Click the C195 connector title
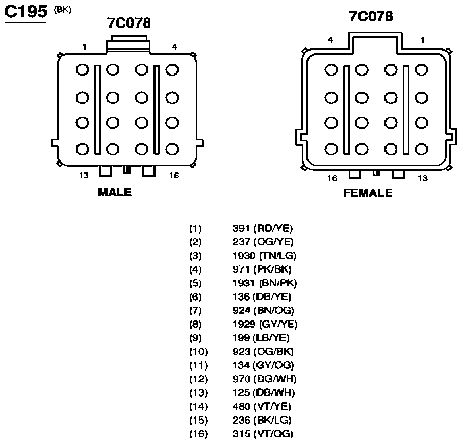(25, 12)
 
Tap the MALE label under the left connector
(115, 192)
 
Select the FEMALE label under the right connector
(368, 193)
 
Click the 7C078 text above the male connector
(129, 22)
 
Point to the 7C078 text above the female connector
(371, 16)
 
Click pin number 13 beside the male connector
(84, 176)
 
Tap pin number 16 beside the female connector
(332, 178)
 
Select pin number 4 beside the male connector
(174, 47)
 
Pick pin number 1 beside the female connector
(423, 40)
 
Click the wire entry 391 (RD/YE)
(263, 228)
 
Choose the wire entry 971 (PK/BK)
(262, 269)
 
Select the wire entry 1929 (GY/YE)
(265, 324)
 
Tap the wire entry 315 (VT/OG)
(263, 434)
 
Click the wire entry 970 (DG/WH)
(264, 379)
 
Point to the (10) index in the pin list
(198, 352)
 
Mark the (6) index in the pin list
(195, 297)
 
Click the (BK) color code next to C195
(62, 10)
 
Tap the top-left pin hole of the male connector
(82, 70)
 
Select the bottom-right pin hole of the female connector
(421, 149)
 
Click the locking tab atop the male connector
(128, 44)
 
